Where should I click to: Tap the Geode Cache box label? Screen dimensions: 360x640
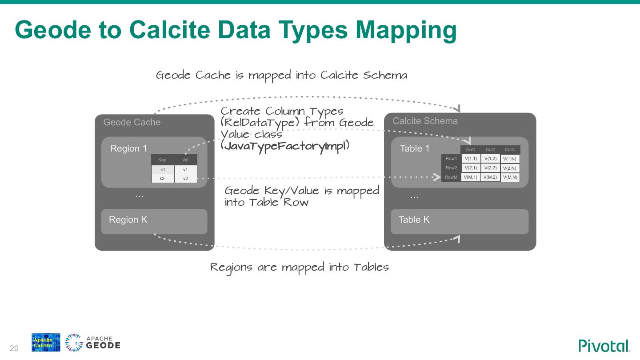pyautogui.click(x=132, y=122)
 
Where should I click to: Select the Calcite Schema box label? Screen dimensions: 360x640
pyautogui.click(x=425, y=121)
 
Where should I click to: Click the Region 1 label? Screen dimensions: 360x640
pyautogui.click(x=128, y=148)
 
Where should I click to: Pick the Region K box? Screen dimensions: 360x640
pyautogui.click(x=154, y=221)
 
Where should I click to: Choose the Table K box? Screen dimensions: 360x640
pyautogui.click(x=459, y=221)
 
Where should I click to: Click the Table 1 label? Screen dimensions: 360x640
pyautogui.click(x=415, y=148)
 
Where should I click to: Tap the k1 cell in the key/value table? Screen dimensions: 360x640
pyautogui.click(x=163, y=170)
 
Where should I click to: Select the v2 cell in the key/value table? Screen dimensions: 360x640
pyautogui.click(x=185, y=179)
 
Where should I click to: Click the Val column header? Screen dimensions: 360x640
pyautogui.click(x=185, y=160)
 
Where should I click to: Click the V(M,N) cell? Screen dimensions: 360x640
pyautogui.click(x=510, y=177)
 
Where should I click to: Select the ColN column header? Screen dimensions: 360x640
pyautogui.click(x=510, y=150)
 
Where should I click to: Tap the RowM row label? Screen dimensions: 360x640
pyautogui.click(x=451, y=177)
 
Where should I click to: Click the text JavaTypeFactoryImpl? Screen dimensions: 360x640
pyautogui.click(x=285, y=146)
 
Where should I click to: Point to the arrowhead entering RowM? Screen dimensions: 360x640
pyautogui.click(x=437, y=177)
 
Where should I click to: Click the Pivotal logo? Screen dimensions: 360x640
pyautogui.click(x=604, y=346)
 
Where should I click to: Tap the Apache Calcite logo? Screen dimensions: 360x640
pyautogui.click(x=46, y=343)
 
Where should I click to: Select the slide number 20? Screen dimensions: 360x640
pyautogui.click(x=14, y=348)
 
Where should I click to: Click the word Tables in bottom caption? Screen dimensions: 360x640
pyautogui.click(x=371, y=267)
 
